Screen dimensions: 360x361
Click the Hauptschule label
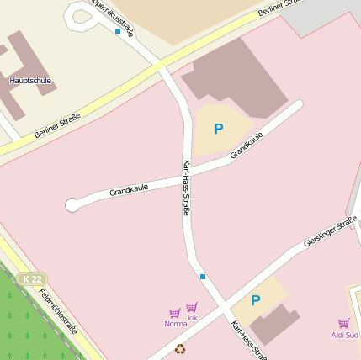[x=30, y=81]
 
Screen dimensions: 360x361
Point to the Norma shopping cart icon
[x=175, y=313]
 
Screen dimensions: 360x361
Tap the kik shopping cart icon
[x=192, y=307]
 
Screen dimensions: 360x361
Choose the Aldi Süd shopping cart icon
[x=343, y=323]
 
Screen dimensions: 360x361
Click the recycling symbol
[x=179, y=349]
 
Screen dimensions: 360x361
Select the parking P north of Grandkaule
[x=219, y=129]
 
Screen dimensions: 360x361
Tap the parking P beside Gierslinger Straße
[x=256, y=300]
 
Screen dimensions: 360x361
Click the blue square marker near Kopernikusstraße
[x=117, y=31]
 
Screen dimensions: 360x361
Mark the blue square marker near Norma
[x=202, y=276]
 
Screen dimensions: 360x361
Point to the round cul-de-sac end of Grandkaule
[x=72, y=204]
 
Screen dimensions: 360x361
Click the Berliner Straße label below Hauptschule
[x=57, y=126]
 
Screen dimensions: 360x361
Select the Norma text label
[x=175, y=324]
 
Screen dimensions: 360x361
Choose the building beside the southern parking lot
[x=275, y=325]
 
